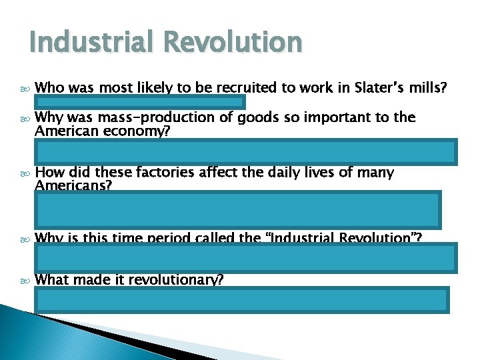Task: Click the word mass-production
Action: pos(142,118)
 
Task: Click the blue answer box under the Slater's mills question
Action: pos(141,102)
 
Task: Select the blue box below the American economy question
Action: pos(247,151)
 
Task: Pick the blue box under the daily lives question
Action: pos(238,209)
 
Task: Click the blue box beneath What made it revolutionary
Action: pos(243,299)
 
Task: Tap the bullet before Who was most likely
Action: pos(24,87)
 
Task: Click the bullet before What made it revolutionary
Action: pos(24,281)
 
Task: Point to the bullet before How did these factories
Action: pos(24,173)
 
